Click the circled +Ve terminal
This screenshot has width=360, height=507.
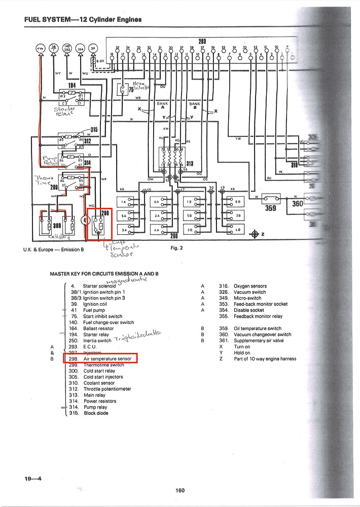point(40,49)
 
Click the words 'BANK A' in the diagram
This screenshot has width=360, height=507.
point(162,105)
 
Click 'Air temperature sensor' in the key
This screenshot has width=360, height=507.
point(107,359)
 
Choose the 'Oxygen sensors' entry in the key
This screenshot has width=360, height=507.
point(250,286)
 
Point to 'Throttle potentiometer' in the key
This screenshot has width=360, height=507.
point(107,389)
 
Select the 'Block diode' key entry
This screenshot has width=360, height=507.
point(96,413)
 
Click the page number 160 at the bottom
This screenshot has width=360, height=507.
point(180,490)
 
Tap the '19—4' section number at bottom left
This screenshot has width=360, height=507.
point(32,478)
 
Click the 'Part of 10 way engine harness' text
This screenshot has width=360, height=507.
point(265,359)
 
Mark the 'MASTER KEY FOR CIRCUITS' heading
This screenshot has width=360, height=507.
point(104,274)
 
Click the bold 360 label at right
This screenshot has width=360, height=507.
point(297,203)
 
